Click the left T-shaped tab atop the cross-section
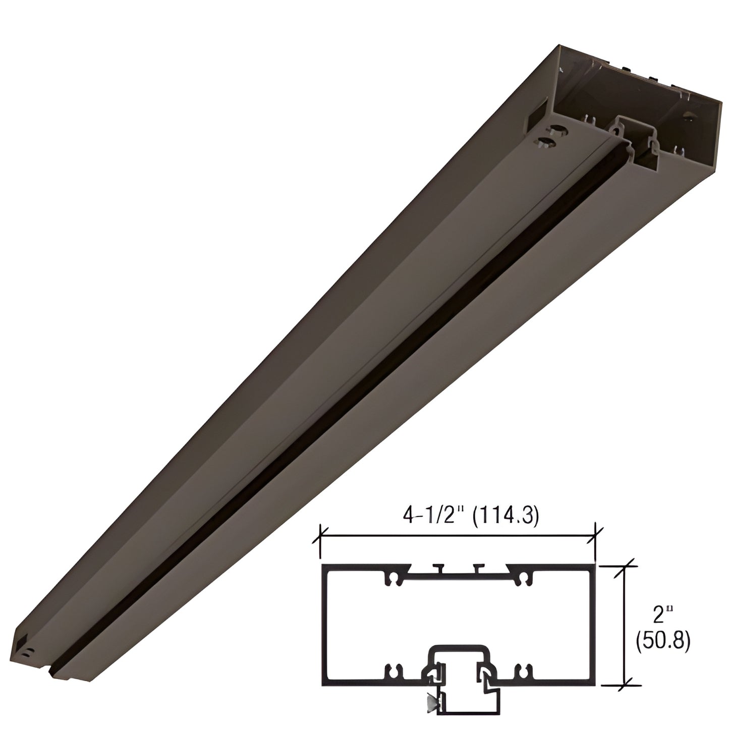coord(441,568)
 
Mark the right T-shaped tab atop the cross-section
coord(477,568)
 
